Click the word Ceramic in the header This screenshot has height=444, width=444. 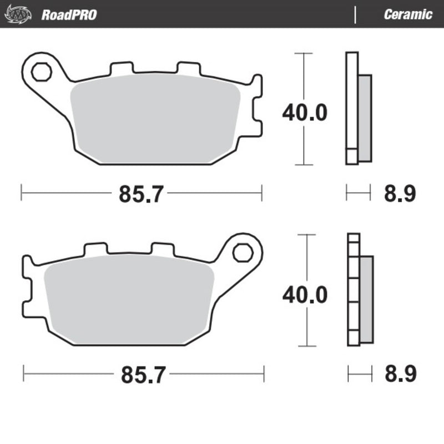click(x=408, y=14)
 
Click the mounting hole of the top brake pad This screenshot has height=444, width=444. click(x=40, y=72)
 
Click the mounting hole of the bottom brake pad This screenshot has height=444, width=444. click(x=242, y=253)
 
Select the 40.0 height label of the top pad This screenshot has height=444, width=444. click(x=305, y=113)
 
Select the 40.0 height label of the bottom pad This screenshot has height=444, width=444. click(x=305, y=294)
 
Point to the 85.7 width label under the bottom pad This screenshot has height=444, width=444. click(x=143, y=375)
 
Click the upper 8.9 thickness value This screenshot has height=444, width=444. click(x=400, y=194)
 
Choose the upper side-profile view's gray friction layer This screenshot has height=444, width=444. click(x=365, y=118)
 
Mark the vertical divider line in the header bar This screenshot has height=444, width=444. click(x=355, y=14)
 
